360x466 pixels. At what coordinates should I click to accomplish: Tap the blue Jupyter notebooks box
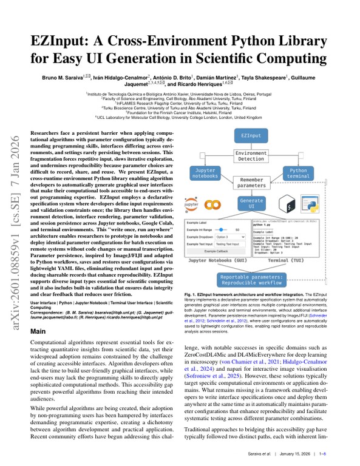205,174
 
